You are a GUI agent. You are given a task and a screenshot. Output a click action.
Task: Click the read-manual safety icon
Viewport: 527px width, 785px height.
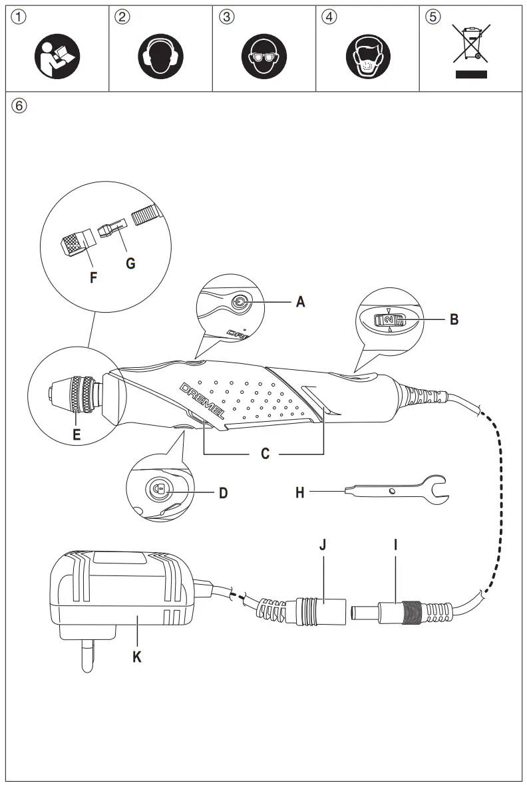click(57, 54)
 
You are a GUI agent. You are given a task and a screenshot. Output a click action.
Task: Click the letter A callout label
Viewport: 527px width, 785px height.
click(301, 302)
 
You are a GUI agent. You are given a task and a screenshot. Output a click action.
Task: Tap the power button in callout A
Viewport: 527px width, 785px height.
click(238, 303)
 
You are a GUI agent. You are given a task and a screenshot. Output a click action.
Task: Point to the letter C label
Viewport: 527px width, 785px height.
click(264, 454)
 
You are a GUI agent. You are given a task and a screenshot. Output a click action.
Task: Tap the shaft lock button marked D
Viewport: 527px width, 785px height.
click(158, 488)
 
